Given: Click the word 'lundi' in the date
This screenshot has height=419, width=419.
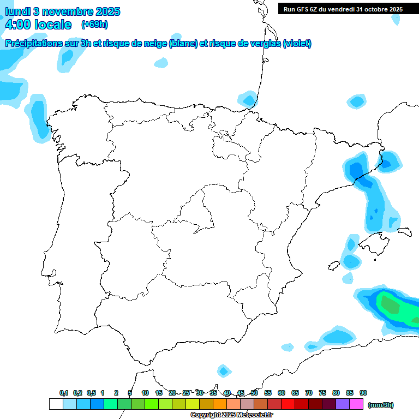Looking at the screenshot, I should tap(18, 11).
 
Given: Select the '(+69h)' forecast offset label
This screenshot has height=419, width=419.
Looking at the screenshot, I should tap(94, 25).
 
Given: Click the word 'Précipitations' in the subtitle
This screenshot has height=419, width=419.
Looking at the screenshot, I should tap(33, 44).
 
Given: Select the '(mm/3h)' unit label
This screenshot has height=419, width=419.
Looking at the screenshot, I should tap(380, 405).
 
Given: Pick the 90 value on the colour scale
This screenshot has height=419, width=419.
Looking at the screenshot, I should tap(363, 393).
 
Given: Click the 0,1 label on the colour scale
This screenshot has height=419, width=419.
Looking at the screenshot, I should tap(64, 393).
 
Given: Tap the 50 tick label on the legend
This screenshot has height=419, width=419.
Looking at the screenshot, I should tap(254, 393).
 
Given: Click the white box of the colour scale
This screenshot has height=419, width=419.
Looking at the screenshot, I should tap(56, 404).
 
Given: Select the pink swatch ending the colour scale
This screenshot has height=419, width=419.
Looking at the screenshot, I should tap(356, 404).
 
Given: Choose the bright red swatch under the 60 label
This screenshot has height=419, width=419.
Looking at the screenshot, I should tap(288, 404).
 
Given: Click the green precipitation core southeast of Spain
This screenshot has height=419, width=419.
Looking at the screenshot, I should tap(391, 304).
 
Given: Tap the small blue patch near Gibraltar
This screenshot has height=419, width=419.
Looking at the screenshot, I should tap(223, 371).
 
